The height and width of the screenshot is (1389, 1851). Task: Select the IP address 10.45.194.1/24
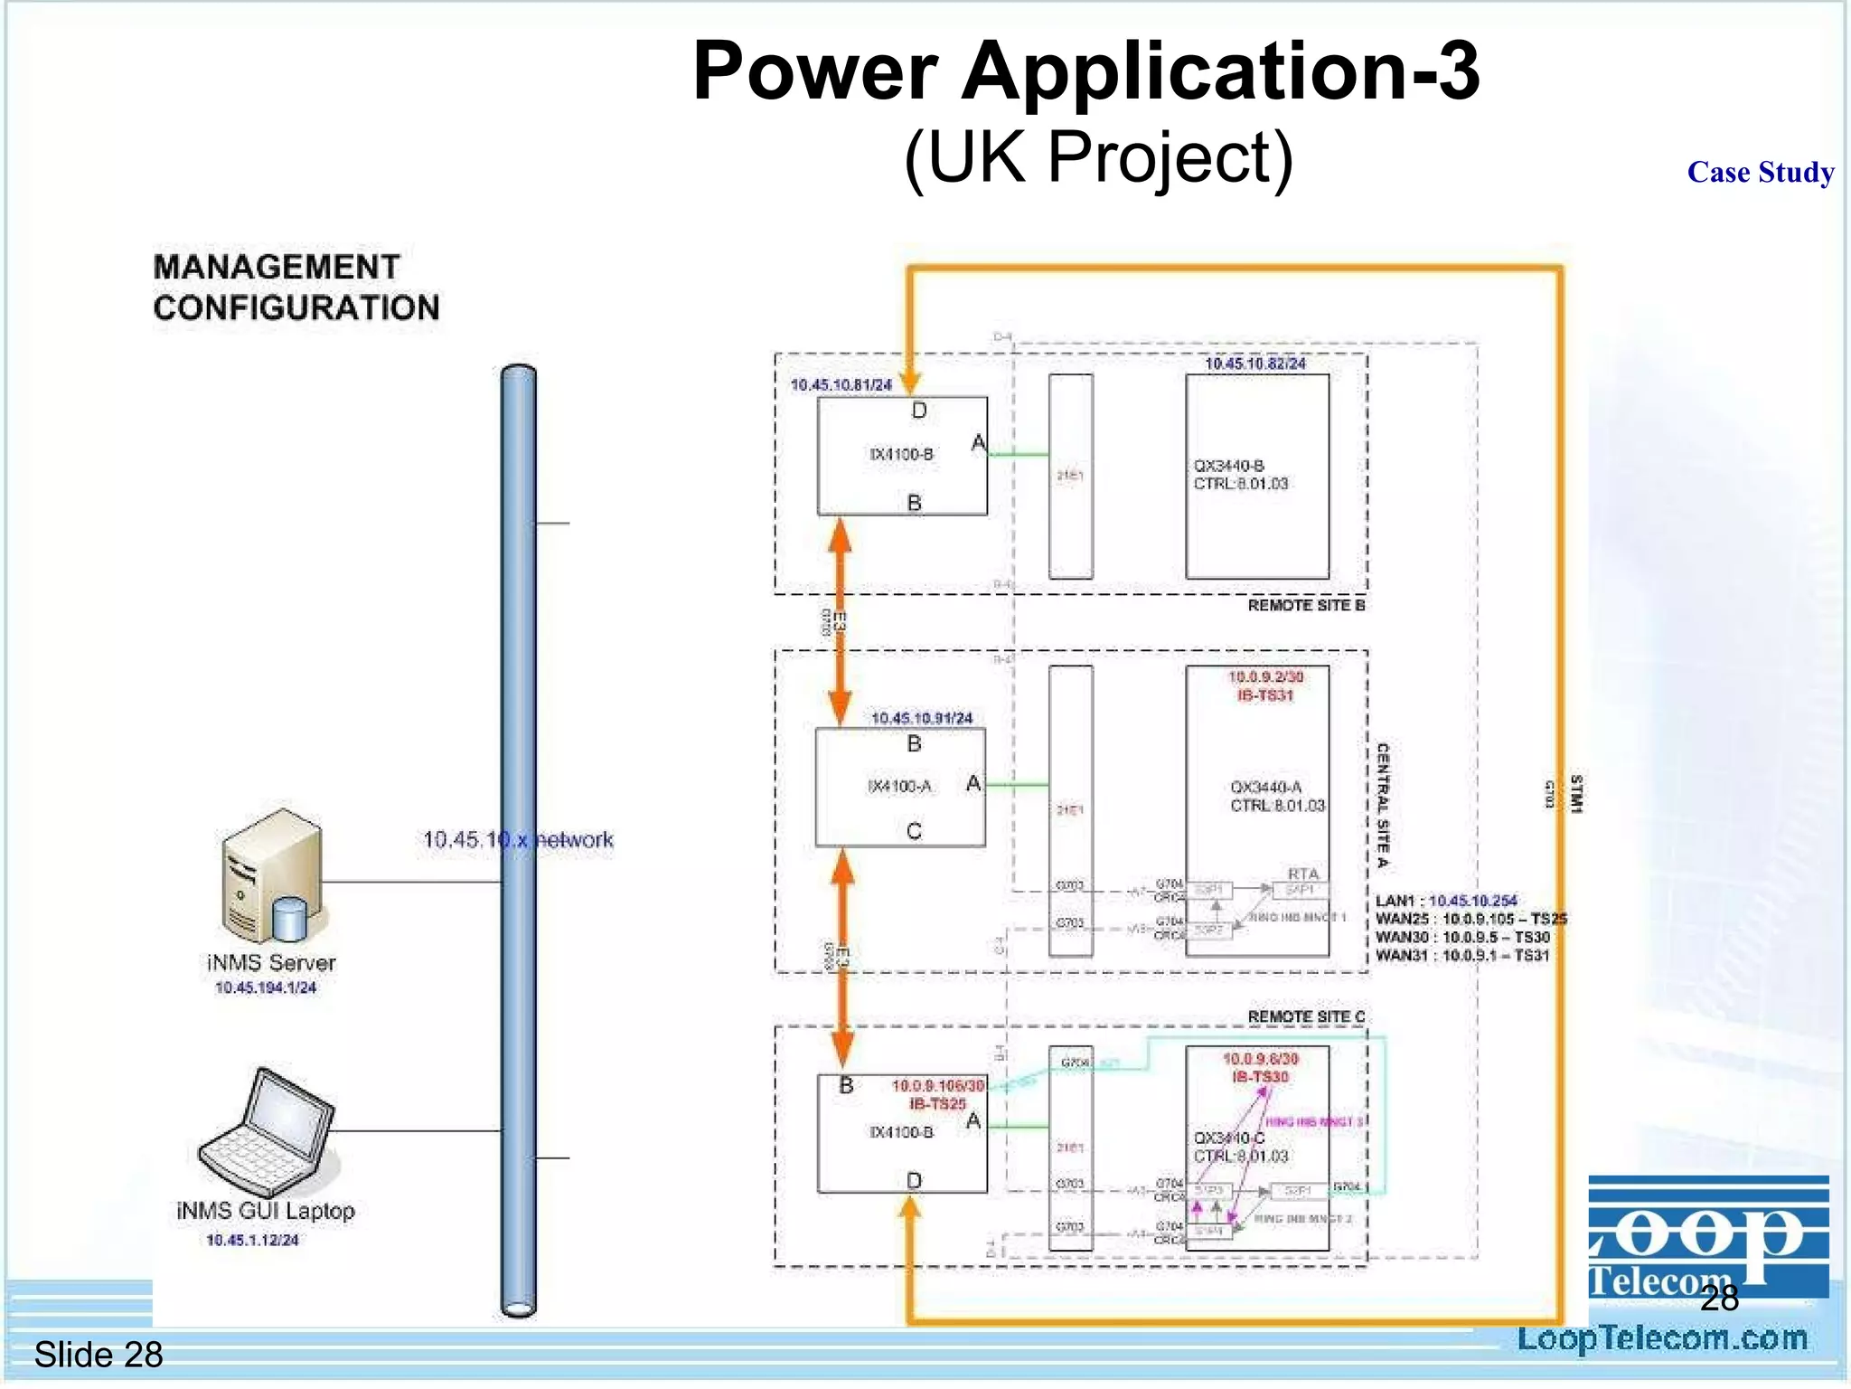(x=266, y=987)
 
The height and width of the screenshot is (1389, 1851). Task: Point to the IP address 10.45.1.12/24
(x=252, y=1240)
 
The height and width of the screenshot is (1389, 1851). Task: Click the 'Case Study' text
(x=1760, y=172)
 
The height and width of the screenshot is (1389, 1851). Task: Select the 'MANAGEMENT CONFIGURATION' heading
(x=296, y=288)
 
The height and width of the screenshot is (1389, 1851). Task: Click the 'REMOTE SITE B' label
(x=1306, y=605)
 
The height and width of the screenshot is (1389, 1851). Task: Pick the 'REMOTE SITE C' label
(x=1306, y=1016)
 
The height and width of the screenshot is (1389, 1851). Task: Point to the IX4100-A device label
(x=899, y=787)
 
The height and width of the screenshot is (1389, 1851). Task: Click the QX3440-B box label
(x=1228, y=466)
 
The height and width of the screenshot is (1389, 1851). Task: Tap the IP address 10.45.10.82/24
(x=1255, y=364)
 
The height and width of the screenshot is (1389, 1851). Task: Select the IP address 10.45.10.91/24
(x=922, y=718)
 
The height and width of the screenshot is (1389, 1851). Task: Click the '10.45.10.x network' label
(x=518, y=840)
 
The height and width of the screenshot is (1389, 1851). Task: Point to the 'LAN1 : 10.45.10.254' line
(x=1446, y=901)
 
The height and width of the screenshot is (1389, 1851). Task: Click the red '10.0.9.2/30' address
(x=1265, y=676)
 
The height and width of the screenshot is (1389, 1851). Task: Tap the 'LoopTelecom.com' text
(x=1661, y=1338)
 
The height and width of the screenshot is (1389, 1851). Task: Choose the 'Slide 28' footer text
(x=99, y=1355)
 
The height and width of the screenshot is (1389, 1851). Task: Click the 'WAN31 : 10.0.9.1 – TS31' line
(x=1461, y=956)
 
